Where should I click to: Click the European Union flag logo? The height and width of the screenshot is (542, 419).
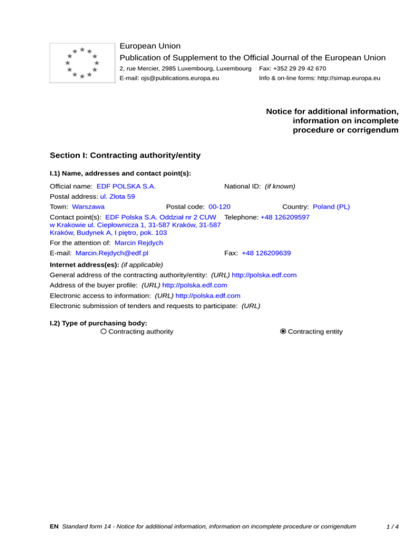coord(82,63)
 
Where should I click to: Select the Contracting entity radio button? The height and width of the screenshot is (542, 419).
coord(283,332)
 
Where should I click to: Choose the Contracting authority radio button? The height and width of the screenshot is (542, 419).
coord(104,332)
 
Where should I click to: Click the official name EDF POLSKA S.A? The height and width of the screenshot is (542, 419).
coord(126,186)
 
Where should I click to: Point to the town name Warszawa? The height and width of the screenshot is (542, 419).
coord(88,207)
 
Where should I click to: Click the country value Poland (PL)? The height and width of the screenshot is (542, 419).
coord(331,207)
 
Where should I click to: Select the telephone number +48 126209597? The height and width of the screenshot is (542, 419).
coord(285,217)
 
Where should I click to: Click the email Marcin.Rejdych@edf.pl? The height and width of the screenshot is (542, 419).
coord(112,253)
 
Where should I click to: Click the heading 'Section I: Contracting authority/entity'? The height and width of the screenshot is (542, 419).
coord(125,155)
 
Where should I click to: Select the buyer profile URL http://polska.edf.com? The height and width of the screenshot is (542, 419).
coord(195,285)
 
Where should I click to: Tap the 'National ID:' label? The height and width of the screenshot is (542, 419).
coord(242,186)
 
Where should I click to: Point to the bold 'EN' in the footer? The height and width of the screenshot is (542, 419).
coord(54,527)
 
